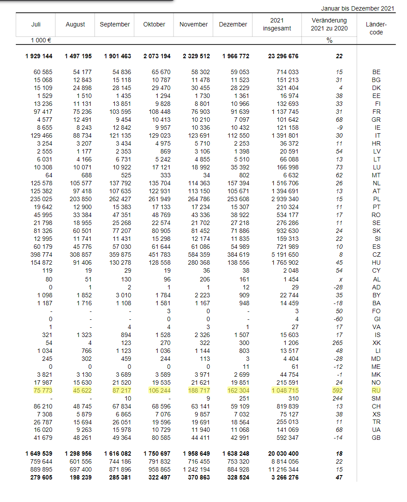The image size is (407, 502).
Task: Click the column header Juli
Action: (x=36, y=24)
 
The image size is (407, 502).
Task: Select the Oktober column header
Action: (x=154, y=24)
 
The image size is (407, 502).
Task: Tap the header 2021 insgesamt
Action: (x=276, y=24)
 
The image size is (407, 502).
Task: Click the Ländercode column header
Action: (x=376, y=28)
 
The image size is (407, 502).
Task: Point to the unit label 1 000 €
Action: (x=41, y=40)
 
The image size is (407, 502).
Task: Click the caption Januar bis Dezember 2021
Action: (x=358, y=8)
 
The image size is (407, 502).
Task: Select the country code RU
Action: (x=376, y=390)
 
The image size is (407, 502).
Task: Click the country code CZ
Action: (x=376, y=255)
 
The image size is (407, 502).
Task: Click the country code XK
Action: (x=376, y=343)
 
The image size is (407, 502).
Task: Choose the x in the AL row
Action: (x=340, y=279)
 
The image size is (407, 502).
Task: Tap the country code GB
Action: (x=376, y=438)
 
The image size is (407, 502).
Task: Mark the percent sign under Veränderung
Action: (x=329, y=40)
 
